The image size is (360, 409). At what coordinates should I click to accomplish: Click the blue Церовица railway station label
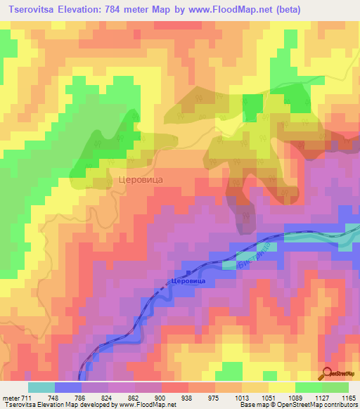188,280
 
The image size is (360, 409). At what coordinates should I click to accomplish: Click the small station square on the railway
188,271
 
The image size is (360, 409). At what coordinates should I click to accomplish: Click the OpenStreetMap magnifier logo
328,373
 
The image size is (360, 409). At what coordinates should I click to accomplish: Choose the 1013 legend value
240,397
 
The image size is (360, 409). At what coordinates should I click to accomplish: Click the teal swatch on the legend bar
41,387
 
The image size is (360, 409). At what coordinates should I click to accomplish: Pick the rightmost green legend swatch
335,387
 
